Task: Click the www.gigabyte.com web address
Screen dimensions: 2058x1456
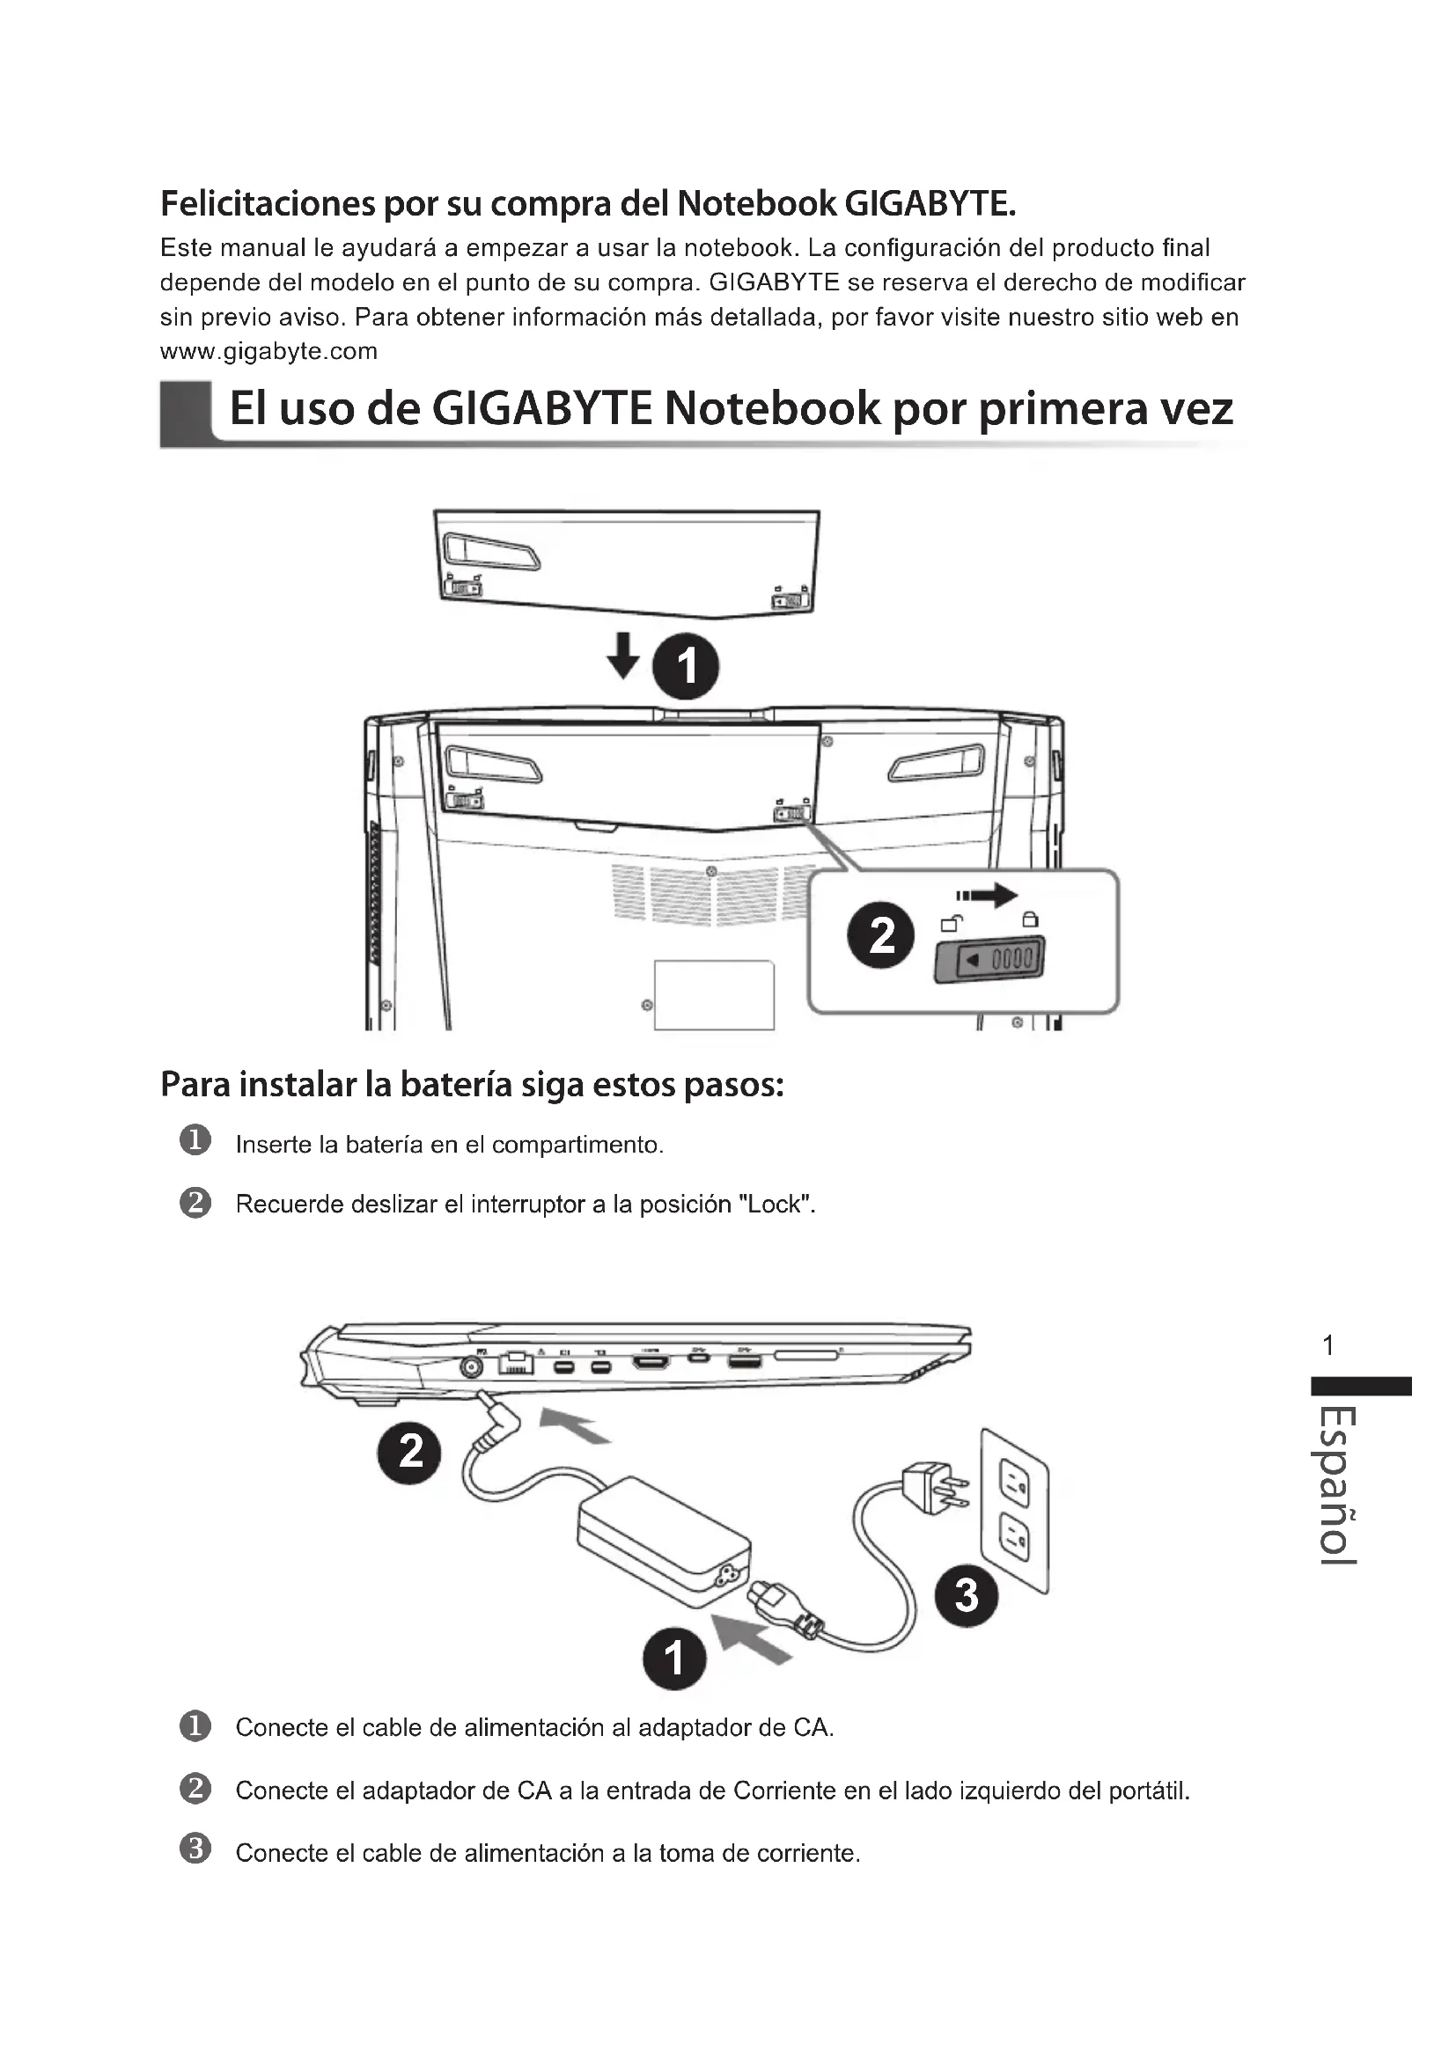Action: pyautogui.click(x=268, y=351)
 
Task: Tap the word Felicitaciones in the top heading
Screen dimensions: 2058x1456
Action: pyautogui.click(x=268, y=204)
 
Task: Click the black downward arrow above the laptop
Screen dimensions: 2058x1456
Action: pyautogui.click(x=623, y=655)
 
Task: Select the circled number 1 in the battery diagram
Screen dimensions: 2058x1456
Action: pyautogui.click(x=686, y=667)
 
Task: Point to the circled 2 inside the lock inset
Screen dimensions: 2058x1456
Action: pyautogui.click(x=881, y=935)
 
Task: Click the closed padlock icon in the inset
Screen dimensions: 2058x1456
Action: pyautogui.click(x=1030, y=919)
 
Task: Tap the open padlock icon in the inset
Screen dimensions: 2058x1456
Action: pyautogui.click(x=952, y=922)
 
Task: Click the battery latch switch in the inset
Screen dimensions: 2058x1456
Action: pyautogui.click(x=989, y=960)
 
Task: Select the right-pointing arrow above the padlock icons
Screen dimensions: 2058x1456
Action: pyautogui.click(x=987, y=895)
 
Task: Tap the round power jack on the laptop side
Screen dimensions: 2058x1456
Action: pyautogui.click(x=471, y=1366)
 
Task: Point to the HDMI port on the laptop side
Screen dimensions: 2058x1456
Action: pyautogui.click(x=651, y=1363)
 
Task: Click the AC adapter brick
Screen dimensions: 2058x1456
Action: pyautogui.click(x=665, y=1541)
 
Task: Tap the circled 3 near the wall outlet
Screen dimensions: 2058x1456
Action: pyautogui.click(x=966, y=1596)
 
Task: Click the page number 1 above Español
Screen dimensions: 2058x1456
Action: pyautogui.click(x=1328, y=1344)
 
